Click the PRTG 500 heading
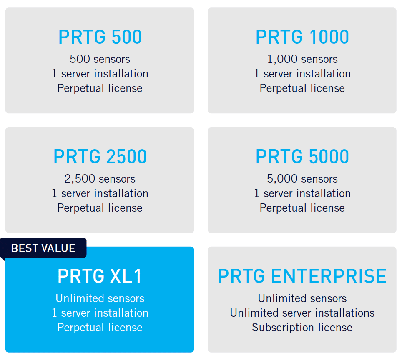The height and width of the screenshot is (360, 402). tap(100, 37)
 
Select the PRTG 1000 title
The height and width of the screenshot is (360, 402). tap(302, 37)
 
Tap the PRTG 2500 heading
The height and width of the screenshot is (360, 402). tap(100, 156)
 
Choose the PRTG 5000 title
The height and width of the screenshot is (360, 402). tap(302, 156)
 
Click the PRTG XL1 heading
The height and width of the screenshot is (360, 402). tap(100, 276)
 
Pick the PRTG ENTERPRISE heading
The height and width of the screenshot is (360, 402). tap(302, 276)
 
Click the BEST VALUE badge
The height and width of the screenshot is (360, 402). tap(43, 248)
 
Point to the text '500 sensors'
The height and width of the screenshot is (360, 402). tap(100, 59)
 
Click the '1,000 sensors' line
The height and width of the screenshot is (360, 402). tap(302, 59)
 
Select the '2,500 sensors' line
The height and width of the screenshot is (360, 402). tap(100, 179)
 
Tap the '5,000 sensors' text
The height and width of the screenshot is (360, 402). tap(302, 179)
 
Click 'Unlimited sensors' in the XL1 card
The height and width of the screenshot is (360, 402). tap(100, 298)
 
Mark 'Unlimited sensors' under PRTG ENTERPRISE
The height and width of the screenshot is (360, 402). tap(302, 298)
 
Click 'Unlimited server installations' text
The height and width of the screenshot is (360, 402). tap(302, 313)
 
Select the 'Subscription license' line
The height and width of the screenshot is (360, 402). tap(302, 327)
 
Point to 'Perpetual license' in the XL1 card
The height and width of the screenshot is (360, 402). tap(100, 327)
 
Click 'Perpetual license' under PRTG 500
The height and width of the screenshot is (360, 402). tap(100, 88)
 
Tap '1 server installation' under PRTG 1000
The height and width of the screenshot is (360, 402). tap(302, 74)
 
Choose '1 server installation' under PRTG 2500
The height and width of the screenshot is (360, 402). tap(100, 193)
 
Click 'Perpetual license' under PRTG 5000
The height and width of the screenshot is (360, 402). tap(302, 208)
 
